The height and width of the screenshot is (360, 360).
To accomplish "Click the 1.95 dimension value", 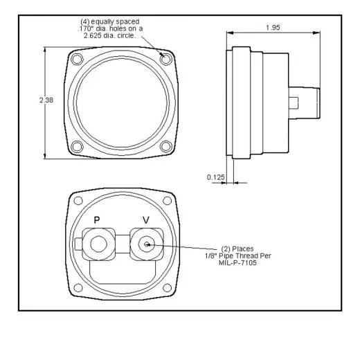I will tap(273, 27).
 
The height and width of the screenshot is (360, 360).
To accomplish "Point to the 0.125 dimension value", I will tap(215, 177).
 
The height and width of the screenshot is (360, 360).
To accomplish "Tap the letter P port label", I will tap(98, 220).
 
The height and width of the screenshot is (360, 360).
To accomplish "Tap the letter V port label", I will tap(145, 220).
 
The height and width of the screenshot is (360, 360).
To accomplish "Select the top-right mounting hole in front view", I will tap(165, 60).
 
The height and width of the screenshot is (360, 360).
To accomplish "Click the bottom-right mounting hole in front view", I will tap(165, 146).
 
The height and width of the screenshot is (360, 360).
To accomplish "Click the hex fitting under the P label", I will tap(98, 244).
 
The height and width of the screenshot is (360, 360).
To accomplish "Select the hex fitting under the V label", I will tap(146, 244).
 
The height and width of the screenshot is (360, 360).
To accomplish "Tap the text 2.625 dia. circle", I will tap(111, 35).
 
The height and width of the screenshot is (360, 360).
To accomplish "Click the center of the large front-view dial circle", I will tap(121, 103).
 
